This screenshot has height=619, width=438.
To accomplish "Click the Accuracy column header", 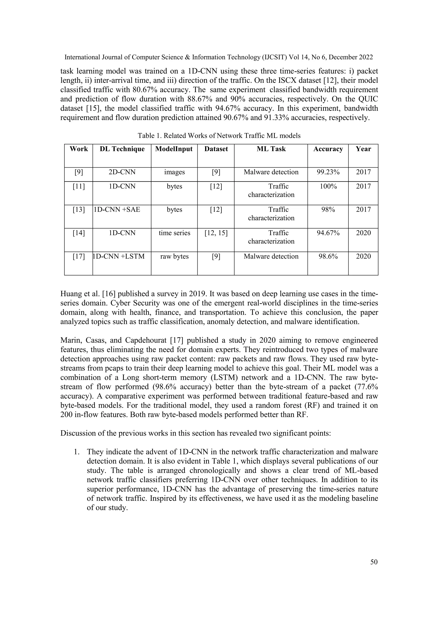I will tap(328, 149).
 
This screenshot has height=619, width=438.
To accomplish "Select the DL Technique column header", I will tap(122, 149).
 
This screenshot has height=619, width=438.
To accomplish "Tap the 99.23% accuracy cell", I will tap(328, 172).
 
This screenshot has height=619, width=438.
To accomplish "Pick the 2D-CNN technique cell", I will tap(122, 172).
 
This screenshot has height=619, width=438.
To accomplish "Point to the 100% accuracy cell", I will tap(328, 186).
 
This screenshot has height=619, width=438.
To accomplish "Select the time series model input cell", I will tap(174, 233).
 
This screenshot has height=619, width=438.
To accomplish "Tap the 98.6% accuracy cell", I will tap(328, 256).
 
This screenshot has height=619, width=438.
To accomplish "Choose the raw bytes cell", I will tap(174, 256).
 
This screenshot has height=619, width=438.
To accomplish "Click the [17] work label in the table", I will tap(78, 256).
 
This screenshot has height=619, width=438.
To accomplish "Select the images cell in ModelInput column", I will tap(174, 172).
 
